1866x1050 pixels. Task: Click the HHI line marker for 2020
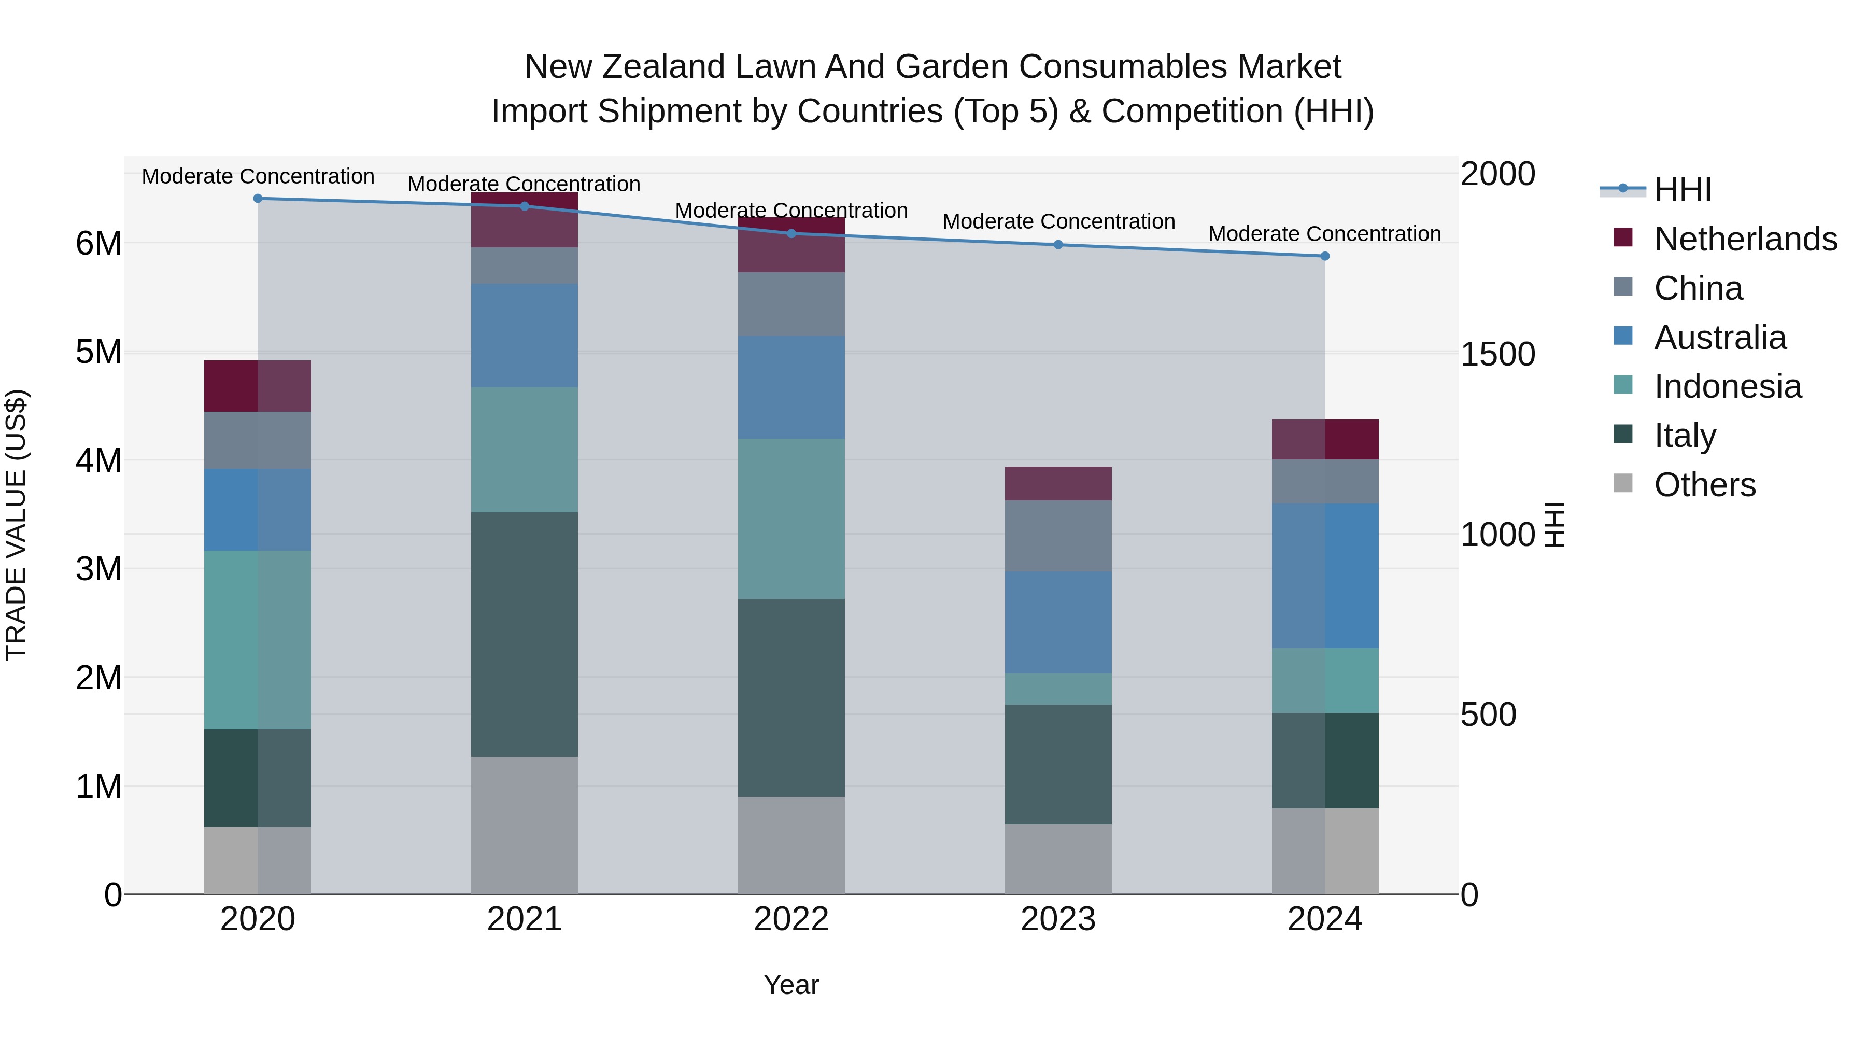point(258,199)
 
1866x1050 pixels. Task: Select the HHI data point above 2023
point(1058,245)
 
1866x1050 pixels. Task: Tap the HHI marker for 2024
point(1325,256)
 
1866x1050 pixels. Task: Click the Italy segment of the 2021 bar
point(525,634)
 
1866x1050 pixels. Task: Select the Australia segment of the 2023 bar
point(1058,622)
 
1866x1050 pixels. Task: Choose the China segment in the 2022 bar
point(791,304)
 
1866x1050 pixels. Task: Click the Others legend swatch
point(1623,483)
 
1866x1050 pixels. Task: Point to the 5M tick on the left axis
point(98,352)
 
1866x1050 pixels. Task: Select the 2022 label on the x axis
point(791,919)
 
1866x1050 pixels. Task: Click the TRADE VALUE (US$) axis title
point(17,525)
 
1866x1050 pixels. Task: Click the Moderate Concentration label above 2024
point(1324,234)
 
